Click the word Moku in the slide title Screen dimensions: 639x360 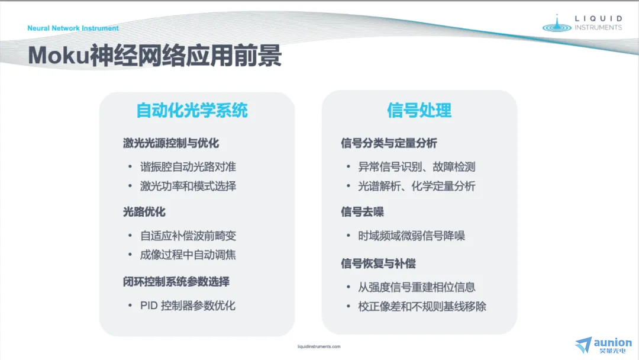58,55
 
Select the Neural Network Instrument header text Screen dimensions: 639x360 73,28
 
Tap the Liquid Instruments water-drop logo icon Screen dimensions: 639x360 557,24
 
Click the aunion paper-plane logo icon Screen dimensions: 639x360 583,345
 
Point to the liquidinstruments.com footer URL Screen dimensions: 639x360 319,346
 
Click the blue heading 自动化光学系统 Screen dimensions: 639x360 192,110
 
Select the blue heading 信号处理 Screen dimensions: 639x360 419,110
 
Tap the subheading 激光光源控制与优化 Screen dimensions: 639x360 171,143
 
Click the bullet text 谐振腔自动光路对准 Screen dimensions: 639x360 188,167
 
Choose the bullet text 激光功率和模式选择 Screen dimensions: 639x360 188,187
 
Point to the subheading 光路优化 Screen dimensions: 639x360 144,212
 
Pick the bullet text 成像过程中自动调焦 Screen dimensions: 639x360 188,255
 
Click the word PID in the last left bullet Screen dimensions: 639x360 149,306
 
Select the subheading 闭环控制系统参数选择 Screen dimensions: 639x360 176,282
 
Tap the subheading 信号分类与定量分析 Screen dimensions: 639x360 389,143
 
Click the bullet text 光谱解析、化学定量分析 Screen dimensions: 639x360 417,187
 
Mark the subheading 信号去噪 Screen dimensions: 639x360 362,212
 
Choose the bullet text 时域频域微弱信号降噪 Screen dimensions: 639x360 411,236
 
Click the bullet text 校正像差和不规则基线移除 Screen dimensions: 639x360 422,307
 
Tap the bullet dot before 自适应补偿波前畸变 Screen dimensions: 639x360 130,236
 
